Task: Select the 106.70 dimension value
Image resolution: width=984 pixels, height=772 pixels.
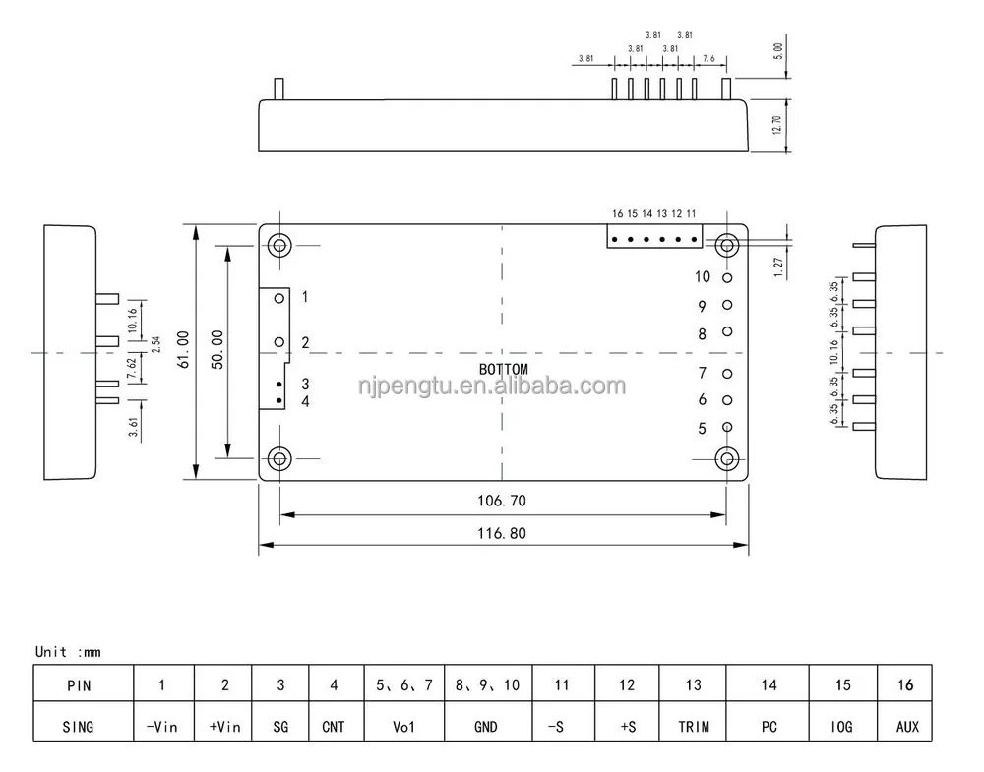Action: (502, 501)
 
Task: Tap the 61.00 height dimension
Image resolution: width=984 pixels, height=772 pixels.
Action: (184, 349)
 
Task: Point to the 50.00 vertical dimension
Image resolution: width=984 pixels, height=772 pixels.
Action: (218, 349)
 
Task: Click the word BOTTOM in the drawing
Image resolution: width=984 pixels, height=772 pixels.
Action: (503, 370)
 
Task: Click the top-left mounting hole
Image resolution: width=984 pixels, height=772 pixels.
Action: (280, 244)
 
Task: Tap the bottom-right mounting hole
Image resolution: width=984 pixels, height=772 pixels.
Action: (727, 458)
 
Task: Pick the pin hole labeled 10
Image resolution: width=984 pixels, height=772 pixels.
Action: (727, 278)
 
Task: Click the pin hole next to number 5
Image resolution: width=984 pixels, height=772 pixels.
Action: (727, 427)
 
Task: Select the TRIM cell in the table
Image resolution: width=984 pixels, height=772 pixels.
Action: (693, 727)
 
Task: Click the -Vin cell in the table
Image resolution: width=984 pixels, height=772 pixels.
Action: (162, 727)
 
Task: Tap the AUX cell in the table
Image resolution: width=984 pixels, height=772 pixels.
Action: (906, 727)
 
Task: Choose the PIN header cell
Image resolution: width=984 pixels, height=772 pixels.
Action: (78, 685)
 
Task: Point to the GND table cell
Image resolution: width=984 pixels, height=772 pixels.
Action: (486, 727)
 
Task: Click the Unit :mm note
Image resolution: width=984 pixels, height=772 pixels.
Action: (68, 651)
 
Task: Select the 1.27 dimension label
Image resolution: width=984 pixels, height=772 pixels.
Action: (777, 267)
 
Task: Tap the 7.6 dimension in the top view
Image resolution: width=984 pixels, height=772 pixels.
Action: (709, 58)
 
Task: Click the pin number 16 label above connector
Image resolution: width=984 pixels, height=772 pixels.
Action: (617, 213)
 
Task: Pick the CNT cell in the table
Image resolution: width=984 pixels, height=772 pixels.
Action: (334, 727)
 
